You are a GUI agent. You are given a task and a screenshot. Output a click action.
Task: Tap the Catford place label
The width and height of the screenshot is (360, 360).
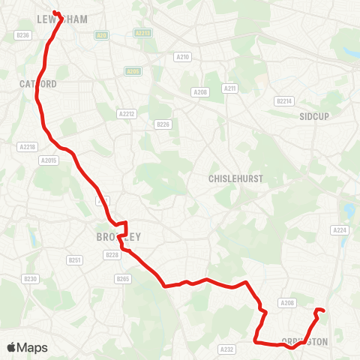coord(37,84)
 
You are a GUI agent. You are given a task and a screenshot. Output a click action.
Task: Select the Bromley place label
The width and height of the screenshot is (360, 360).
coord(118,237)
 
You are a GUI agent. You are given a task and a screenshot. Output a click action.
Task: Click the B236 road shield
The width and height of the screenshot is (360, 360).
coord(22,35)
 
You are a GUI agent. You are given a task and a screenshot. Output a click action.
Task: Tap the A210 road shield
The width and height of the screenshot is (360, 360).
coord(181,57)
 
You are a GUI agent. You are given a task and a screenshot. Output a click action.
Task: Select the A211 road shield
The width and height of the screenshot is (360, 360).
coord(229,88)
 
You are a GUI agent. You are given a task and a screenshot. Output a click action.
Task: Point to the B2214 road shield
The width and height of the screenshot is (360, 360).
coord(283,100)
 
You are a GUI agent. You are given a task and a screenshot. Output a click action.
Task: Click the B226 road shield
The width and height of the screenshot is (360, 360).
coord(163,124)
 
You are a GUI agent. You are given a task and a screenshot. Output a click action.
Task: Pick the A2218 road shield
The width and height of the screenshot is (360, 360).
coord(27,147)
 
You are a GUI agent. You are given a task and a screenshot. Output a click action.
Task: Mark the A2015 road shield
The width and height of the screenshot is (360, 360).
coord(49,160)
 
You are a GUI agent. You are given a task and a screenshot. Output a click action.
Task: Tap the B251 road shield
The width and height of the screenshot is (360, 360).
coord(74,260)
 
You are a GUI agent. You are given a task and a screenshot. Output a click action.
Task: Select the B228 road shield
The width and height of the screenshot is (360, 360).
coord(112,255)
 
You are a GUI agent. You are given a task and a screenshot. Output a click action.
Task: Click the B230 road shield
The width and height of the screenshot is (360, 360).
coord(30,279)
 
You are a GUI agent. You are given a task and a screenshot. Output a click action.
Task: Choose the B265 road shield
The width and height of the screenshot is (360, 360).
coord(123,279)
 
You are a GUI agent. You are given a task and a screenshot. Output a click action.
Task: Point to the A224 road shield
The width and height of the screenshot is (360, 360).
coord(340,230)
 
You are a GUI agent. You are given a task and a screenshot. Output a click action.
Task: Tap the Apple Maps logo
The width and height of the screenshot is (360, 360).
coord(27,347)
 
